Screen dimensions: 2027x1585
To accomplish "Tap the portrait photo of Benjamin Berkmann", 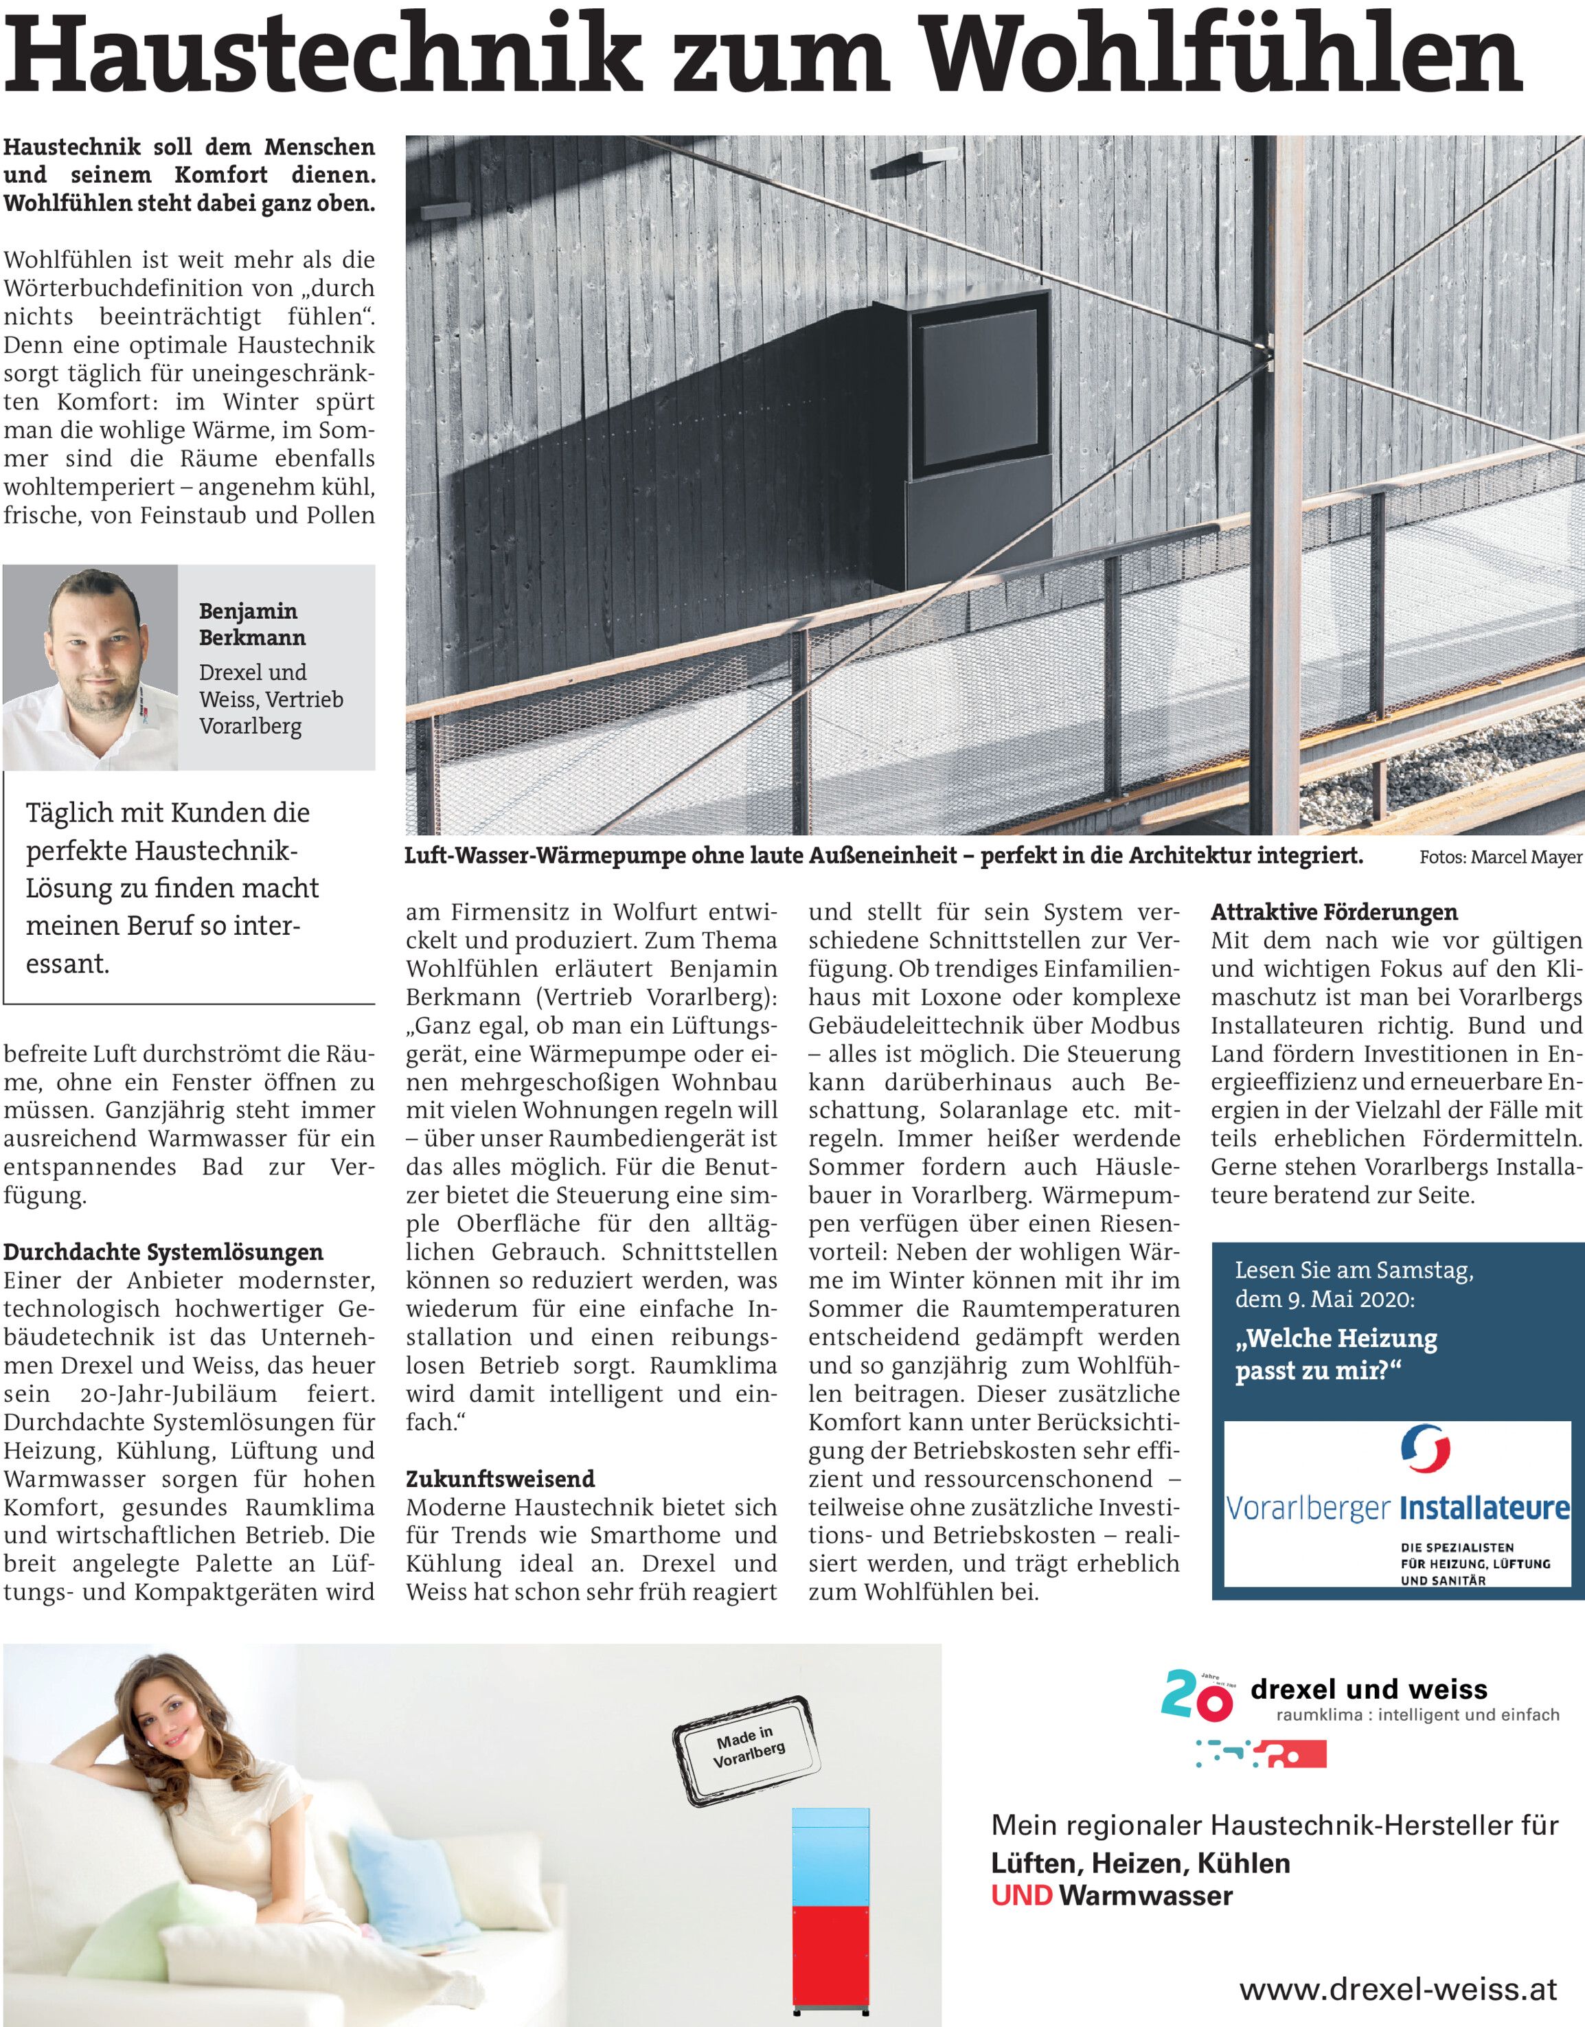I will (x=90, y=666).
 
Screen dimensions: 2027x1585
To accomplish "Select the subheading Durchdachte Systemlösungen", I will (x=163, y=1252).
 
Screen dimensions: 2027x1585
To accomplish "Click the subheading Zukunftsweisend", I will (x=500, y=1478).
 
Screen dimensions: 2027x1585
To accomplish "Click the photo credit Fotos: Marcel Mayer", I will (x=1500, y=857).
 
